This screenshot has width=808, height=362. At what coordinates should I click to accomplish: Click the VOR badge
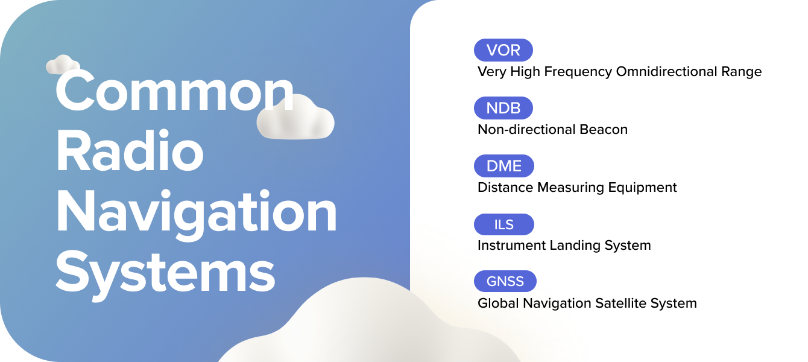coord(503,50)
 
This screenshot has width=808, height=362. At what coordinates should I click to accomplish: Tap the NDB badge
coord(503,108)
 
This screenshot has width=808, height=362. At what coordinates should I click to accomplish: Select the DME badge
coord(504,166)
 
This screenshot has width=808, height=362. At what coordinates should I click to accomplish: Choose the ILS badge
coord(504,224)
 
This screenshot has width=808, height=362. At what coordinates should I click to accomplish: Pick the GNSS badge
coord(505,282)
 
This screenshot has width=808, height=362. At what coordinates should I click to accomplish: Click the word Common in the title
coord(175,91)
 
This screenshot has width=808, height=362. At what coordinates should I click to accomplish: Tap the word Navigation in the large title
coord(197,211)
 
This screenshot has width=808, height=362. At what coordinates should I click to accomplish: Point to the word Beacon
coord(604,130)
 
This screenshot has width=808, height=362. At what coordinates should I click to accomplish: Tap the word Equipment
coord(640,188)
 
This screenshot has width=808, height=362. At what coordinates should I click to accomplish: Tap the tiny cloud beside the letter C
coord(63,65)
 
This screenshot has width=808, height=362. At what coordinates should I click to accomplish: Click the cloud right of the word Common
coord(295,118)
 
